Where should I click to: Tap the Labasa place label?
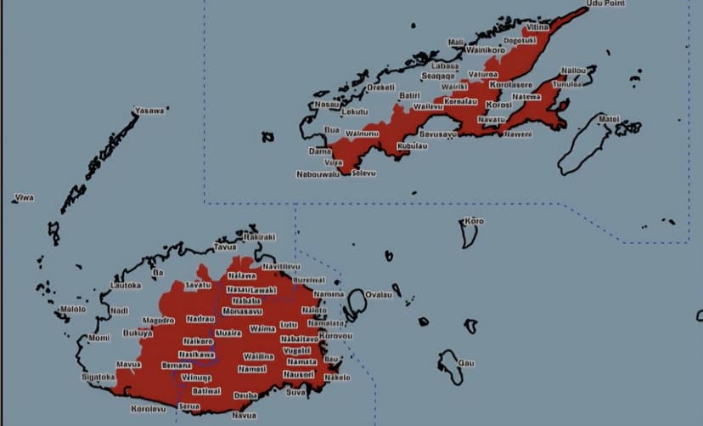pyautogui.click(x=445, y=65)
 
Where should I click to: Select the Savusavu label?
pyautogui.click(x=439, y=134)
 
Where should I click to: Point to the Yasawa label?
pyautogui.click(x=150, y=111)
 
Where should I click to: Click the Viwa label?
pyautogui.click(x=24, y=198)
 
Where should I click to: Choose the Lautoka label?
pyautogui.click(x=126, y=286)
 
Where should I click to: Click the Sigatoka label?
pyautogui.click(x=98, y=376)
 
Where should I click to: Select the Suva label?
pyautogui.click(x=296, y=393)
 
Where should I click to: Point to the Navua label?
pyautogui.click(x=244, y=416)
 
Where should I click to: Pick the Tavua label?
pyautogui.click(x=225, y=247)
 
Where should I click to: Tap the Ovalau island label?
pyautogui.click(x=377, y=295)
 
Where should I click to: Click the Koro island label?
pyautogui.click(x=474, y=222)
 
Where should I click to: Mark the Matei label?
pyautogui.click(x=609, y=119)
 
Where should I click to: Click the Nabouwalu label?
pyautogui.click(x=318, y=174)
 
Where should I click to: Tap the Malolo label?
pyautogui.click(x=73, y=310)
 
